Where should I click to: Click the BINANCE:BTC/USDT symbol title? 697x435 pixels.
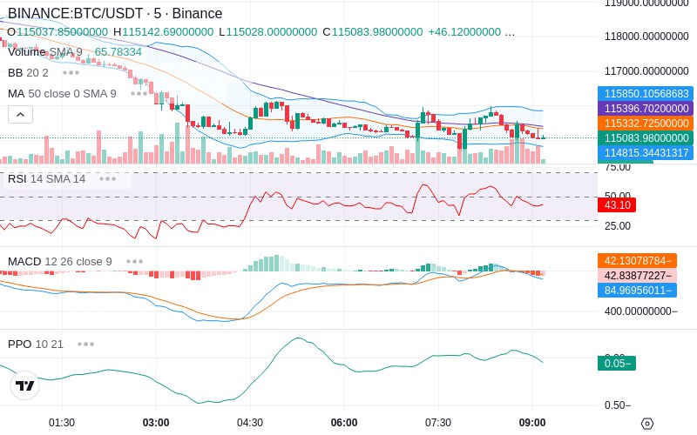pyautogui.click(x=75, y=14)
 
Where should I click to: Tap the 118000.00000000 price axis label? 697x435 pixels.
pyautogui.click(x=646, y=37)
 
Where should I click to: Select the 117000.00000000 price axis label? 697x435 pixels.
pyautogui.click(x=646, y=71)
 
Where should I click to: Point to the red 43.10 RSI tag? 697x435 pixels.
pyautogui.click(x=618, y=205)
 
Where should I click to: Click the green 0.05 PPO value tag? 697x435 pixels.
pyautogui.click(x=616, y=364)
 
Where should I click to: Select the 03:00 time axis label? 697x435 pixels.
pyautogui.click(x=156, y=423)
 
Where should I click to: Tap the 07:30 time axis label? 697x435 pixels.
pyautogui.click(x=438, y=423)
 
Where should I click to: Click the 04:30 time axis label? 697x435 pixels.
pyautogui.click(x=250, y=423)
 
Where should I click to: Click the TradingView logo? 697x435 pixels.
pyautogui.click(x=25, y=385)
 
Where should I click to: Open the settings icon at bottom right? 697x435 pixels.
pyautogui.click(x=646, y=424)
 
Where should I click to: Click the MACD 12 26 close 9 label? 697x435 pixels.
pyautogui.click(x=60, y=261)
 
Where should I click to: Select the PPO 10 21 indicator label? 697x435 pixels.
pyautogui.click(x=36, y=344)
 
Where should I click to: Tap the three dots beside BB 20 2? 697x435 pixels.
pyautogui.click(x=71, y=72)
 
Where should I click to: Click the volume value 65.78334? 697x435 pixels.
pyautogui.click(x=118, y=52)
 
